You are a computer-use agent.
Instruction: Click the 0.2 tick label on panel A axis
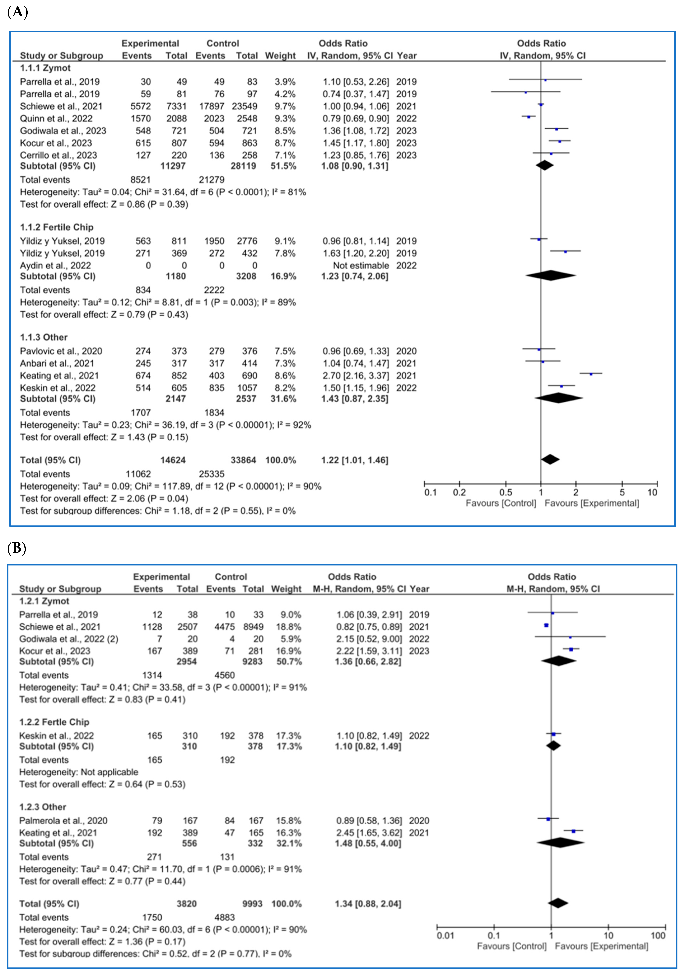pos(459,493)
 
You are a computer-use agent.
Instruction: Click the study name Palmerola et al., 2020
pos(63,820)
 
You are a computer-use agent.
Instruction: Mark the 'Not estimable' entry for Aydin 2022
pos(361,265)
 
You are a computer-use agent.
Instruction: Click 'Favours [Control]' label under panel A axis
pos(501,503)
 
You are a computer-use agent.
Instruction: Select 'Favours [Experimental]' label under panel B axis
pos(602,946)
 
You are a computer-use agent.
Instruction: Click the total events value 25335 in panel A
pos(212,474)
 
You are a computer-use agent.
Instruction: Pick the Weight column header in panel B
pos(286,589)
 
